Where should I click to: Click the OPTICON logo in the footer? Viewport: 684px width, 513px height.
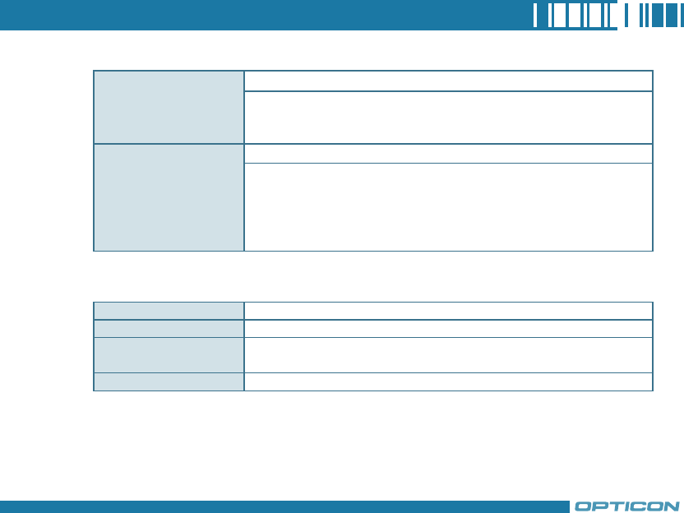[626, 506]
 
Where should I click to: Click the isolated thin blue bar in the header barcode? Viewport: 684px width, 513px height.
[623, 16]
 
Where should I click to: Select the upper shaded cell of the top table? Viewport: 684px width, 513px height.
[169, 107]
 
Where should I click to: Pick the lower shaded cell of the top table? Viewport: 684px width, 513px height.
[169, 197]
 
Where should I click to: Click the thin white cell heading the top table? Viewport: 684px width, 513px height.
[448, 81]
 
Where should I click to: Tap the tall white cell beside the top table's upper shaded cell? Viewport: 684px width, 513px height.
[448, 118]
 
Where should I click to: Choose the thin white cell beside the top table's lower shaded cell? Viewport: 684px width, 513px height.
[448, 154]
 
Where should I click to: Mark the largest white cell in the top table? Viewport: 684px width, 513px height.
[448, 206]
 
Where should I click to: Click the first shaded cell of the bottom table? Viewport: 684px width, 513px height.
[169, 310]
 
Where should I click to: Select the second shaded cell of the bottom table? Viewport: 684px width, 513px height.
[169, 328]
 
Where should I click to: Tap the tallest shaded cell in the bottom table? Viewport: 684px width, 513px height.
[169, 354]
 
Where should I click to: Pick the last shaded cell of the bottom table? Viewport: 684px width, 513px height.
[169, 381]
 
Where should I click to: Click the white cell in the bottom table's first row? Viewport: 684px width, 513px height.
[448, 310]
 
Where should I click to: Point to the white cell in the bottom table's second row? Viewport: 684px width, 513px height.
[448, 328]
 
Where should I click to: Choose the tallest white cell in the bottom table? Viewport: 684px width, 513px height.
[448, 354]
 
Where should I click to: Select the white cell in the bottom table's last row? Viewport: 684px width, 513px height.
[448, 381]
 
